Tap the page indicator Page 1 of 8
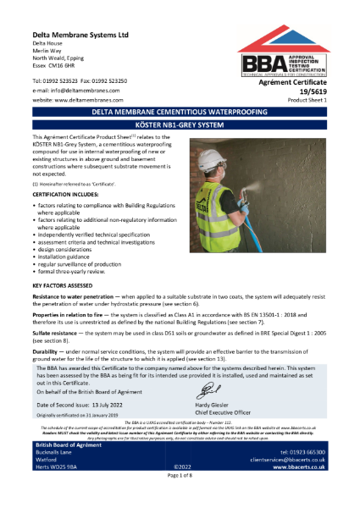(180, 500)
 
